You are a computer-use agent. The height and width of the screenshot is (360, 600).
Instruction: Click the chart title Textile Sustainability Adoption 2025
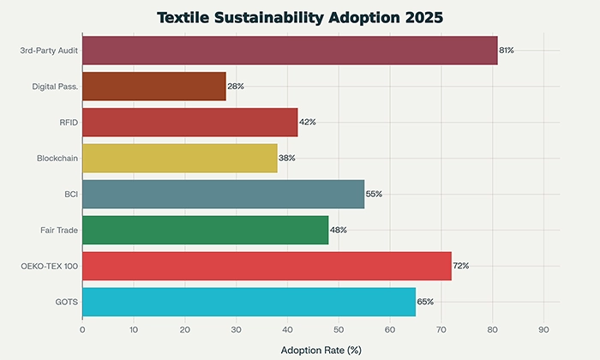click(300, 16)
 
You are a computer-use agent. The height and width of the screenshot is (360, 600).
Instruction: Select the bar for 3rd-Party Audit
click(290, 51)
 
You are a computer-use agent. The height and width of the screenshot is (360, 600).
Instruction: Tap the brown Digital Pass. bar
click(154, 87)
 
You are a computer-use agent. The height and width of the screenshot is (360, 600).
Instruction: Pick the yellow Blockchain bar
click(180, 158)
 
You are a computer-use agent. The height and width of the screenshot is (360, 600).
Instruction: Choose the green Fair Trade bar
click(206, 230)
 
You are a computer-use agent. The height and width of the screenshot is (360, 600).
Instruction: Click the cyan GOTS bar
click(249, 302)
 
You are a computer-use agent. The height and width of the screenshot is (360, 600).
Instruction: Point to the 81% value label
click(507, 51)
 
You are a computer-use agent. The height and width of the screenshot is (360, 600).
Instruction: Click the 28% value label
click(236, 87)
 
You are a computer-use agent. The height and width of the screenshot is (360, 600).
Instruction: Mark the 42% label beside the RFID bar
click(307, 123)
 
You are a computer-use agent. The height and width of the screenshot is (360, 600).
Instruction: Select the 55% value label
click(374, 194)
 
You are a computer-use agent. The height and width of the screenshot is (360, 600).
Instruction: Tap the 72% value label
click(461, 266)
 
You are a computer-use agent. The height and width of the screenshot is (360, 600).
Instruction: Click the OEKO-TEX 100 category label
click(51, 266)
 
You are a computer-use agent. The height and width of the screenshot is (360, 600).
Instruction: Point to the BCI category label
click(70, 194)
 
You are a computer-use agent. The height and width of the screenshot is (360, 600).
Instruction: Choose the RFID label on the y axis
click(69, 123)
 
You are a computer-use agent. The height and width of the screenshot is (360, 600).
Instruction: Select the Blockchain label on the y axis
click(57, 158)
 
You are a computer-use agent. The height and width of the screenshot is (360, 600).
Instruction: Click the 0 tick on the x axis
click(82, 329)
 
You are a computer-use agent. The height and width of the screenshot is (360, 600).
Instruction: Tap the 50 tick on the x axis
click(339, 329)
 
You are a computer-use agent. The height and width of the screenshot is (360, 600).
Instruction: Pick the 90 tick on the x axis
click(543, 329)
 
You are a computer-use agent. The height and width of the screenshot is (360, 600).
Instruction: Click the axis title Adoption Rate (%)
click(321, 350)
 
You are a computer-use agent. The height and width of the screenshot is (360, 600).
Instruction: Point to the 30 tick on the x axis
click(236, 329)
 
